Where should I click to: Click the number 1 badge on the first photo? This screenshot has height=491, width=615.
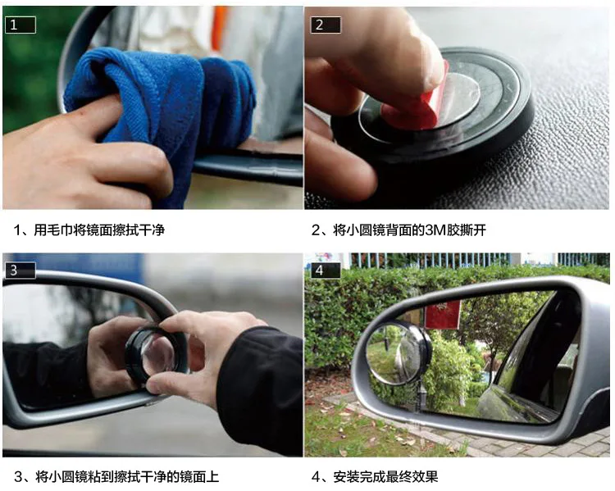tap(20, 25)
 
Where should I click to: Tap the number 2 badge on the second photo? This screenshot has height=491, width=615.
tap(326, 25)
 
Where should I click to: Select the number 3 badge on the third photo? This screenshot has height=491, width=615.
tap(20, 271)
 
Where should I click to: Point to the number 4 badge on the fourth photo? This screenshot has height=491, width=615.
tap(326, 271)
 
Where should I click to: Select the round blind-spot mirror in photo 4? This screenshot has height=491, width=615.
tap(398, 353)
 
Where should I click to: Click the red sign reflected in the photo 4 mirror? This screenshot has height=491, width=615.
tap(443, 315)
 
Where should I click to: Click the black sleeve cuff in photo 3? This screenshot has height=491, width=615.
tap(251, 376)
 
